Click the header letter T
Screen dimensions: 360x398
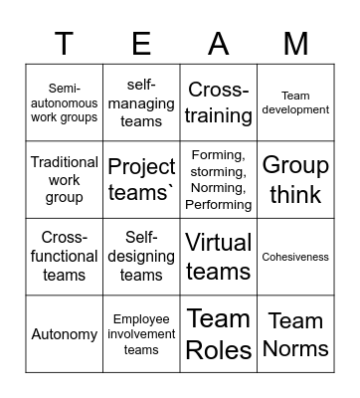pos(65,43)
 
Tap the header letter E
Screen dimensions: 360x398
pos(141,43)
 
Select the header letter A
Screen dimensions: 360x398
pos(219,43)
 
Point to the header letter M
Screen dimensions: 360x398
pos(295,43)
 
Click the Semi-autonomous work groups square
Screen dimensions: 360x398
pos(65,102)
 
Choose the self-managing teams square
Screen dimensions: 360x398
pos(141,102)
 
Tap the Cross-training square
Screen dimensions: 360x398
pos(219,102)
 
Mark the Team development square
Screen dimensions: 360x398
pos(295,102)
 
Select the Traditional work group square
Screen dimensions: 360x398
pos(65,179)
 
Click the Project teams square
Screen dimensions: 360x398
pos(141,179)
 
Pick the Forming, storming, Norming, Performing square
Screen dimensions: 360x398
pos(219,179)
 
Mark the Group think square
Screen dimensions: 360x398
pos(295,179)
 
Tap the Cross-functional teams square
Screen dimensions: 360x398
pos(65,256)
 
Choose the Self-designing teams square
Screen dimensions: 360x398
pos(141,256)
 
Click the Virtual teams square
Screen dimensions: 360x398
pos(219,256)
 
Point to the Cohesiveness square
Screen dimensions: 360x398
pos(295,256)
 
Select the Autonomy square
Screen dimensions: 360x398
pos(65,333)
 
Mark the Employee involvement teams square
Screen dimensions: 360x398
pos(141,333)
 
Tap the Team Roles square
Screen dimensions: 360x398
pos(219,333)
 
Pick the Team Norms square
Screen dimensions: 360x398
pos(295,333)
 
